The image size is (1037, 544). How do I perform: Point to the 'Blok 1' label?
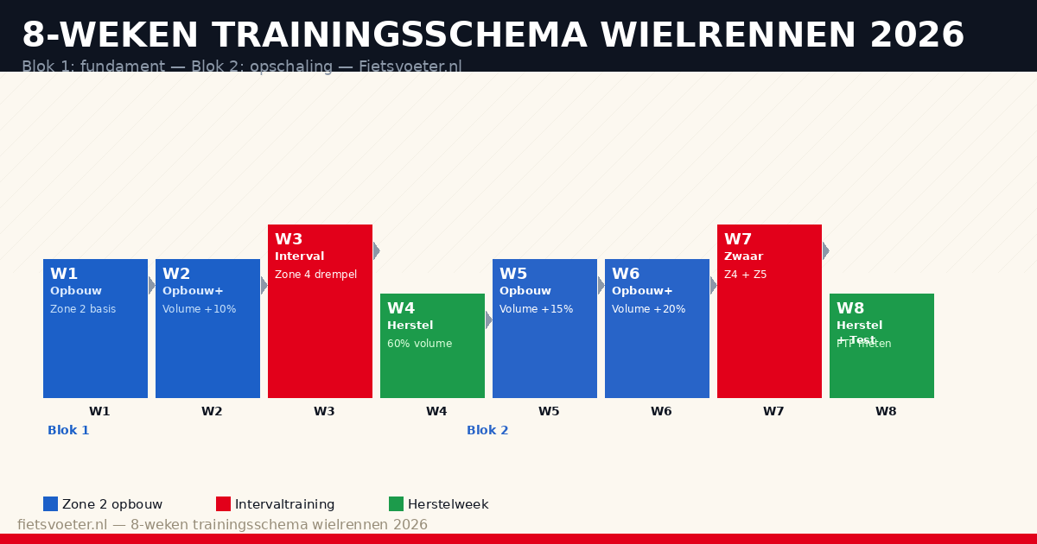click(x=68, y=430)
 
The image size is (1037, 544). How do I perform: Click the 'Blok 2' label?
click(x=487, y=430)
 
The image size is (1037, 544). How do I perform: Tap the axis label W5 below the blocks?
click(x=549, y=412)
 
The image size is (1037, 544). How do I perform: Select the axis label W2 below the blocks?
click(x=212, y=412)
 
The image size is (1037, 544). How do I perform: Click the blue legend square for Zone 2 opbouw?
click(x=50, y=503)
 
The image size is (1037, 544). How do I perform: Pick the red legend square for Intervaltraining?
click(x=223, y=503)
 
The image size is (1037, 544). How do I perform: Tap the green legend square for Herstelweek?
click(x=396, y=503)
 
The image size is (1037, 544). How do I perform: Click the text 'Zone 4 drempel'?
click(x=315, y=275)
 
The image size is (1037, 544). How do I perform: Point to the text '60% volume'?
click(x=419, y=344)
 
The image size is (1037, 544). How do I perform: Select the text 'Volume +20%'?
click(x=648, y=309)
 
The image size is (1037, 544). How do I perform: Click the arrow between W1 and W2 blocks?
click(x=151, y=285)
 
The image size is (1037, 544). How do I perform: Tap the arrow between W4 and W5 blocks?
click(x=488, y=319)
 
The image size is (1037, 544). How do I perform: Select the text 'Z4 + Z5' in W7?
click(x=745, y=275)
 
